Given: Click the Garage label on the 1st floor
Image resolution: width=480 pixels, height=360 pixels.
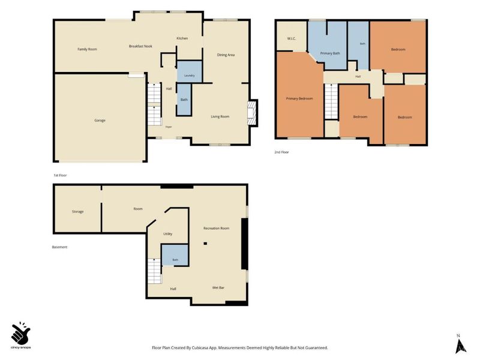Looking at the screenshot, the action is [x=100, y=121].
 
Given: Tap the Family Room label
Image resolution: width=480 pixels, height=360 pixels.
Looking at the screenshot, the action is [x=87, y=49].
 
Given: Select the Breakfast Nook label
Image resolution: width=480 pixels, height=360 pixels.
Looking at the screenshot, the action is [x=140, y=46].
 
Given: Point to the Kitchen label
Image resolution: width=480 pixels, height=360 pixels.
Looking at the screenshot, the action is [x=182, y=38].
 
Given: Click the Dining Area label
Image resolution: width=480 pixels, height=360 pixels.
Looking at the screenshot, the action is [x=226, y=55].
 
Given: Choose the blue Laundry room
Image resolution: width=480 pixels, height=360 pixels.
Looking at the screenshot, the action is [x=190, y=71].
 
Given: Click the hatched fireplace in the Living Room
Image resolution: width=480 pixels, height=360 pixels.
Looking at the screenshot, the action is [x=251, y=113].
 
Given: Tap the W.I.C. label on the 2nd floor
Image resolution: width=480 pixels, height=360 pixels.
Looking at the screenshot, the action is [x=292, y=38].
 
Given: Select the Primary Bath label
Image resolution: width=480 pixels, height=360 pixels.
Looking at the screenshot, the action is [x=330, y=53].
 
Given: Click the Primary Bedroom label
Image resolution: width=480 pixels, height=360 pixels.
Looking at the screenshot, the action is [x=299, y=98].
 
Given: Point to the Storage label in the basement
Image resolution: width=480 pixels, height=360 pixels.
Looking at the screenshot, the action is [x=78, y=212].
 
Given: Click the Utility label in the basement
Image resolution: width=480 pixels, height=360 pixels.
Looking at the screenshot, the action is [x=168, y=234].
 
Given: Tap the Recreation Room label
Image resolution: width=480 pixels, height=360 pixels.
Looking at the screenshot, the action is [x=217, y=228].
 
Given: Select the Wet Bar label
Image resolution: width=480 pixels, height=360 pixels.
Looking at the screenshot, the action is [x=218, y=288].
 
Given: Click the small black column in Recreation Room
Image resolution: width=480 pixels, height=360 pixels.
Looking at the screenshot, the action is [x=205, y=244].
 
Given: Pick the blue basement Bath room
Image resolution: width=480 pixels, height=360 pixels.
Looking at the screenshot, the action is [x=175, y=255].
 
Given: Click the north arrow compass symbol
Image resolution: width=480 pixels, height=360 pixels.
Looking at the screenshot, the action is [x=461, y=344].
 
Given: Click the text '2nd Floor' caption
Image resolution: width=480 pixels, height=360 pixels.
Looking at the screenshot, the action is [x=281, y=152].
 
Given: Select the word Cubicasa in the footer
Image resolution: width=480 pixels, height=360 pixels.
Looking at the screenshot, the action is [x=200, y=348].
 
